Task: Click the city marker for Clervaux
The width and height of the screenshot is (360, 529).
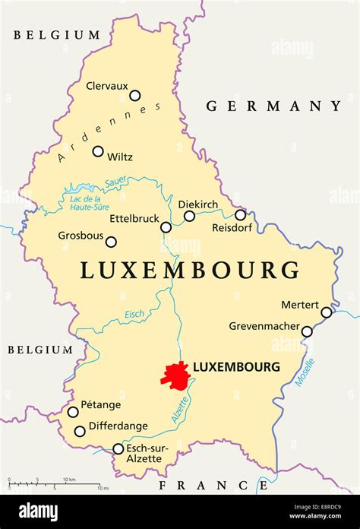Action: [x=134, y=96]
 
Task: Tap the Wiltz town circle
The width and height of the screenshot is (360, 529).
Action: [x=98, y=151]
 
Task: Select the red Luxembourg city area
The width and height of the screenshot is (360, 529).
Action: [x=174, y=375]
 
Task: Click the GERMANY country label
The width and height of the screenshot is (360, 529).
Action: [x=274, y=106]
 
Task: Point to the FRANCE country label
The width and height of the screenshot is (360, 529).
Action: [x=204, y=484]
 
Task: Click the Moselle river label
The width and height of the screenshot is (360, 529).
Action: [x=305, y=372]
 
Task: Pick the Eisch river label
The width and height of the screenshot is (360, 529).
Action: [x=134, y=314]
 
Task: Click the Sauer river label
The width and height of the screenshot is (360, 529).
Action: [x=115, y=182]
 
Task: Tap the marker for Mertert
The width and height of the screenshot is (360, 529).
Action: [x=327, y=312]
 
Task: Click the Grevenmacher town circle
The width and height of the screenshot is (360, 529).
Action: [x=307, y=331]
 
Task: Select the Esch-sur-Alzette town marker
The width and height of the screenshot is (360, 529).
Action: [x=118, y=449]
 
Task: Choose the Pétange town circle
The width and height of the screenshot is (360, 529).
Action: [x=73, y=412]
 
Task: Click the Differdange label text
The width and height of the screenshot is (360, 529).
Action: [x=118, y=426]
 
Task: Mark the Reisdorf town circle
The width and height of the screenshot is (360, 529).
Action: [x=240, y=215]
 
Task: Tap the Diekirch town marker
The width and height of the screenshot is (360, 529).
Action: [x=189, y=216]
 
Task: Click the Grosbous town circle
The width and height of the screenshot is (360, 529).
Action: [x=111, y=242]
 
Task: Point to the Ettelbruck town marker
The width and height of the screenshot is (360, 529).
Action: [x=166, y=227]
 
